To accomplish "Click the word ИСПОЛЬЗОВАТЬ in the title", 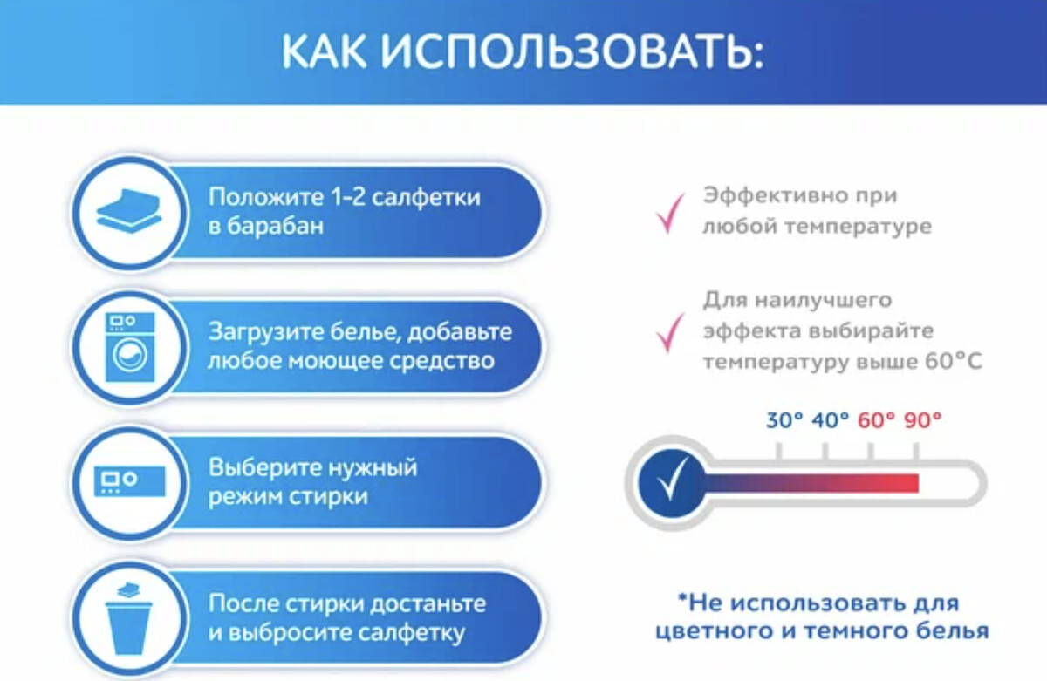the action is coord(571,51).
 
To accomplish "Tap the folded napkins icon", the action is coord(129,210).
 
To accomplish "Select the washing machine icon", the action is coord(130,347).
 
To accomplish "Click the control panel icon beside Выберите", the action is coord(129,481).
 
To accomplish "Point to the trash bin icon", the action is coord(128,618).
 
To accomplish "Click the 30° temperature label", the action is coord(784,420).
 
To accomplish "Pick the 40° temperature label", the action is coord(830,420).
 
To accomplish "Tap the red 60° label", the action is coord(876,420).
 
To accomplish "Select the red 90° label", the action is coord(922,420).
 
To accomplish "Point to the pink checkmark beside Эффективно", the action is coord(670,214).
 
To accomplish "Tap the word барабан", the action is coord(276,227).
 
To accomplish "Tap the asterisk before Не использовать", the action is coord(683,598).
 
